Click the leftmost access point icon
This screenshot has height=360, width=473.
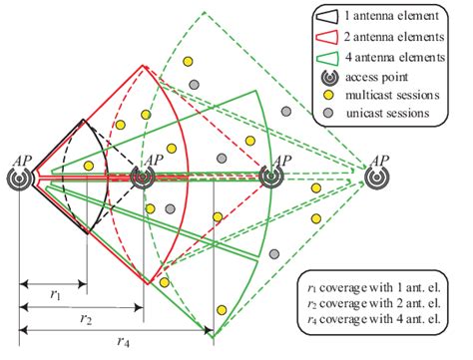(21, 178)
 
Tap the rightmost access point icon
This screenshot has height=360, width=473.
(376, 178)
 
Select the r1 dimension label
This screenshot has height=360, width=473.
(54, 296)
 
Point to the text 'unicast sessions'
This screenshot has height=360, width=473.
(385, 115)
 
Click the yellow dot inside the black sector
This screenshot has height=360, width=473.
(89, 166)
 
